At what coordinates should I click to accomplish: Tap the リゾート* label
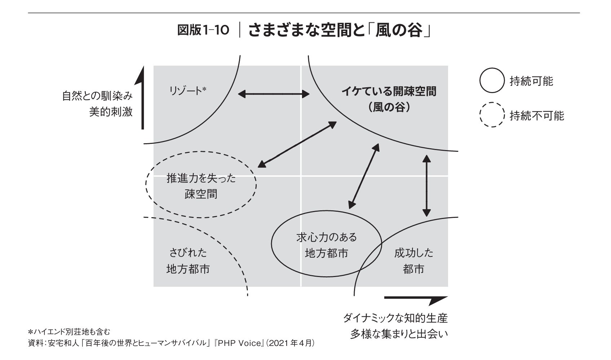187,91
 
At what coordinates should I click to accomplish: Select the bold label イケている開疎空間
389,92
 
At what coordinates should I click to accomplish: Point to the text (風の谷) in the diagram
389,107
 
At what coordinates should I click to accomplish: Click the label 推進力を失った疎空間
201,186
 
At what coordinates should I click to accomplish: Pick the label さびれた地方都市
188,261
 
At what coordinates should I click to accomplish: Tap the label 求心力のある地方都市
326,245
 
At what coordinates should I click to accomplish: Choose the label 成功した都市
413,261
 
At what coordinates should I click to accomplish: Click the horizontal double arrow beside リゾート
274,94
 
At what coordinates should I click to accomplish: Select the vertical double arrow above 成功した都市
426,186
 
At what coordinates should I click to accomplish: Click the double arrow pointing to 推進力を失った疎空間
297,144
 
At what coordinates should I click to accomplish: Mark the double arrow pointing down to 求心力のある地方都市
364,176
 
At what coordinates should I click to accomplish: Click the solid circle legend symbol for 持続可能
491,81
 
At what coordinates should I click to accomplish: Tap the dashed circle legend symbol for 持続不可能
491,115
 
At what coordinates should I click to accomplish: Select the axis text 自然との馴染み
97,96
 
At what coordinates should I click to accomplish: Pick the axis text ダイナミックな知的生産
395,318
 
